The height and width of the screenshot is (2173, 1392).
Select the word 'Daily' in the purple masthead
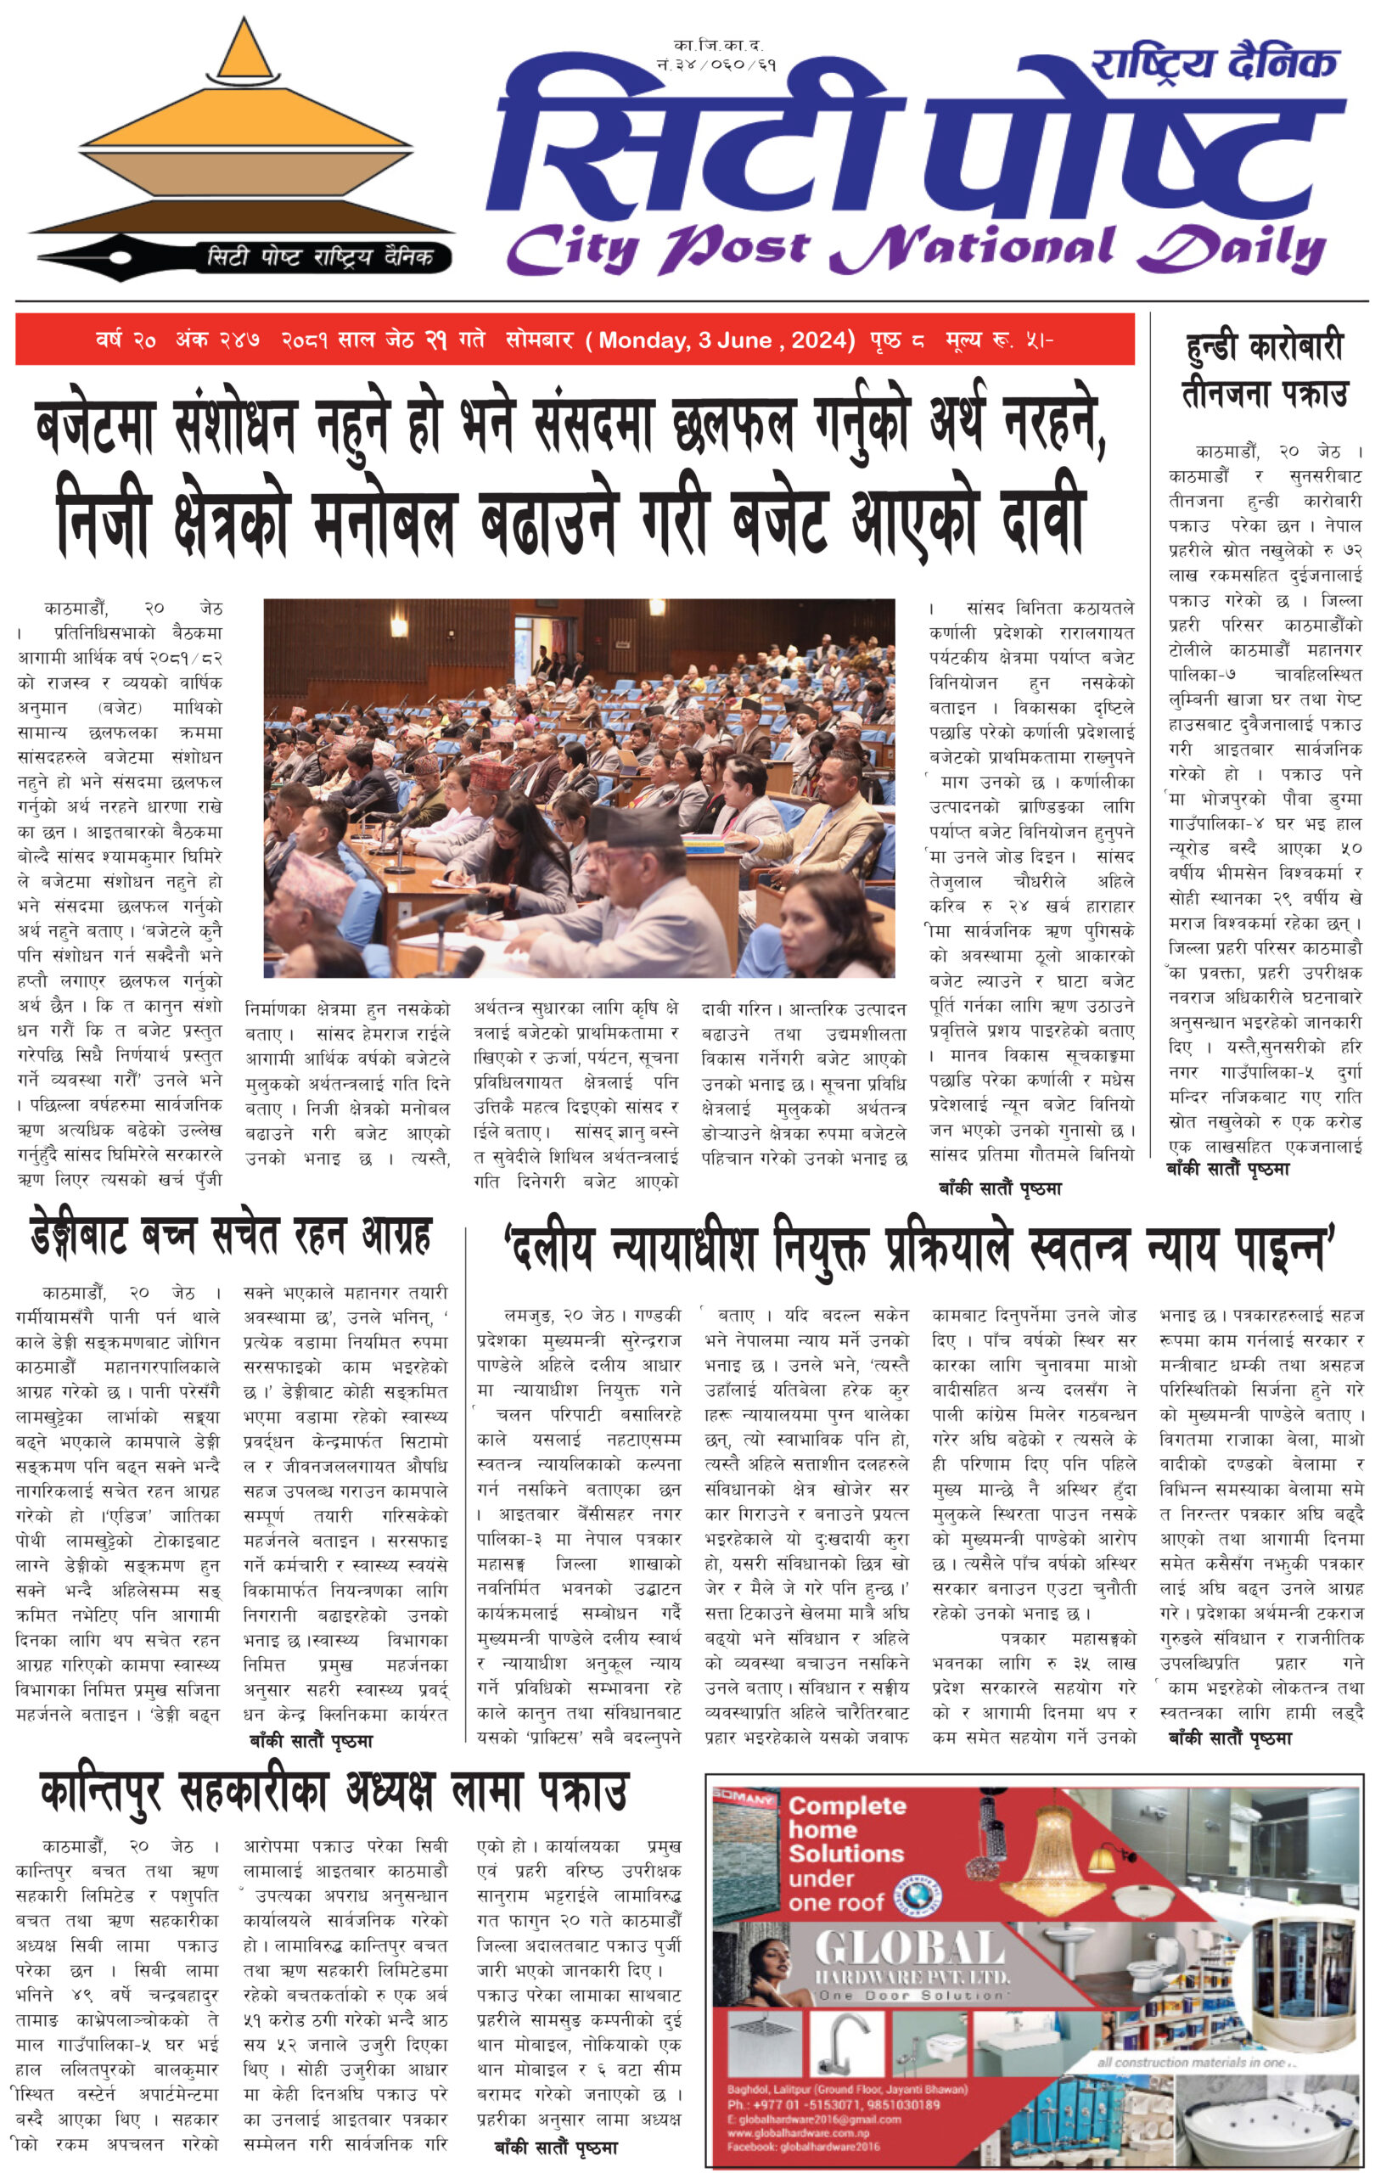(x=1233, y=249)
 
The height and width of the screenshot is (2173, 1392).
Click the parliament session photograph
(x=579, y=788)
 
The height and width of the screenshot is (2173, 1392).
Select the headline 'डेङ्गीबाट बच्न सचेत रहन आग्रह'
(x=232, y=1236)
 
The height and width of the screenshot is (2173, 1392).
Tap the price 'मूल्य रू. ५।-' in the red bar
(x=999, y=340)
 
